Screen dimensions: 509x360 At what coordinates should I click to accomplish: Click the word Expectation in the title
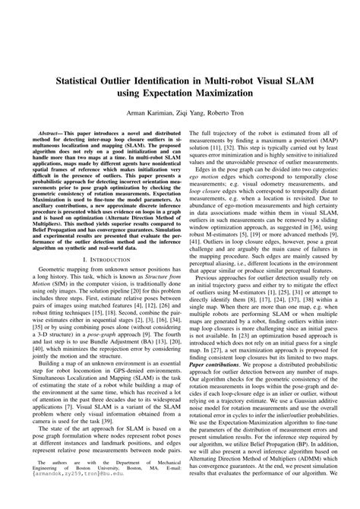169,92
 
